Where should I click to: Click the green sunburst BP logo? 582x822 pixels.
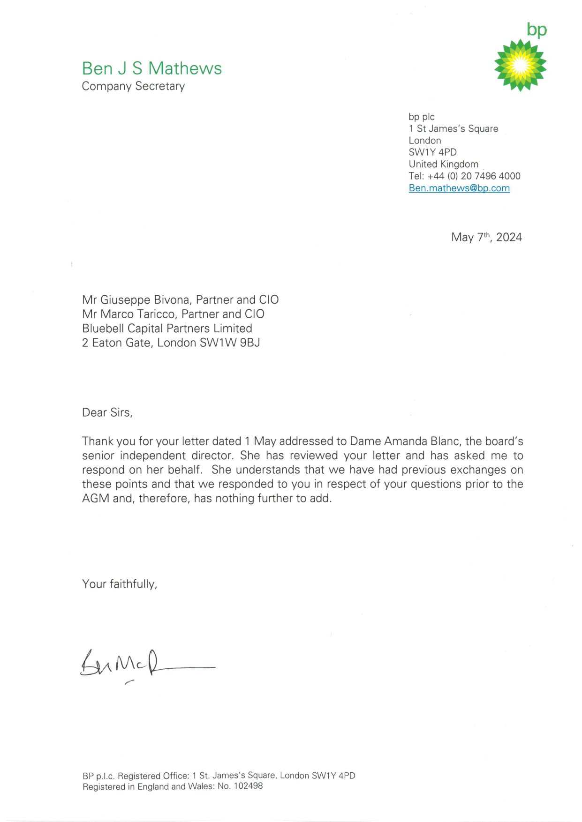520,65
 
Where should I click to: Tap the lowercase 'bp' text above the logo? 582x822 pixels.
537,30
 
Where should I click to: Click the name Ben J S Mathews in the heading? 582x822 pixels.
151,68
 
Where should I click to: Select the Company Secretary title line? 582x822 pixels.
133,86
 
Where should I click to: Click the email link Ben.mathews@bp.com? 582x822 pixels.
459,188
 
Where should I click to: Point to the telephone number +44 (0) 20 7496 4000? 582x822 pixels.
474,176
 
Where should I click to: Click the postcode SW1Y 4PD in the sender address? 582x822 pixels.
432,152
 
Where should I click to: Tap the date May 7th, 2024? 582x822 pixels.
486,237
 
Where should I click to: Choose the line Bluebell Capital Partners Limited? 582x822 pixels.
167,329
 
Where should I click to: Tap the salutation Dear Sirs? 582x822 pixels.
107,412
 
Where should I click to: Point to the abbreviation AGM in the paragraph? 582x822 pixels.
96,498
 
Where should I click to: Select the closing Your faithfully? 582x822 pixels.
120,584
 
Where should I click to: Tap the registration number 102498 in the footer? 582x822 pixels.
248,786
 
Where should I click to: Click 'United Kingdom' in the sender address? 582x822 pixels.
444,164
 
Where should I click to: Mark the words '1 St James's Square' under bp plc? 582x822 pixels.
453,128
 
